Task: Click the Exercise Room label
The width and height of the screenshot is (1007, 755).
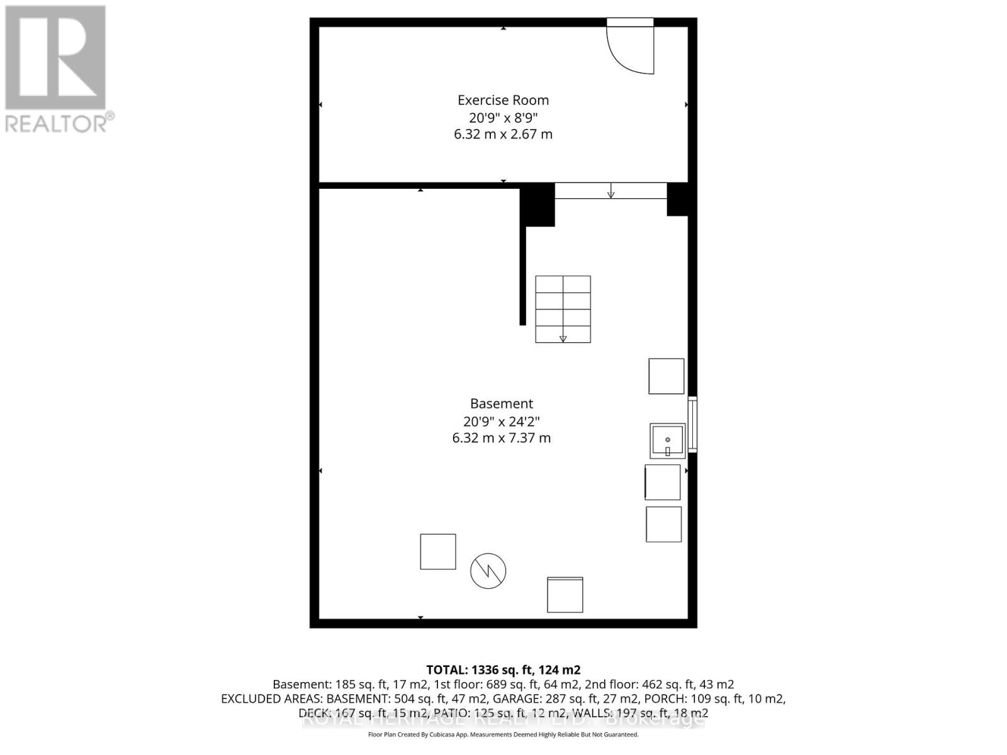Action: pyautogui.click(x=503, y=100)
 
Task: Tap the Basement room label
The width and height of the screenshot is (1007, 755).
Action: pyautogui.click(x=502, y=404)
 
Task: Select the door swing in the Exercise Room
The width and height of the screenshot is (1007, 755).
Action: pyautogui.click(x=630, y=49)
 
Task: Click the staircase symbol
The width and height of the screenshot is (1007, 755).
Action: pyautogui.click(x=563, y=309)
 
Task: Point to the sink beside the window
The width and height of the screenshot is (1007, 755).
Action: pyautogui.click(x=667, y=440)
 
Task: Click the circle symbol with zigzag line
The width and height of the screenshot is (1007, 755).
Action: pyautogui.click(x=488, y=571)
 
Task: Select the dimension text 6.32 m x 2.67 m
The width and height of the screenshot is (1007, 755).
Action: pyautogui.click(x=503, y=134)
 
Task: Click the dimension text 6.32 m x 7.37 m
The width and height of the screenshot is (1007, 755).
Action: pyautogui.click(x=502, y=438)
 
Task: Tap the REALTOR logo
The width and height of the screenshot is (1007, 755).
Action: pyautogui.click(x=57, y=69)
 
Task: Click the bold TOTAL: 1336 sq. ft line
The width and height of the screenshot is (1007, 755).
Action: pyautogui.click(x=503, y=670)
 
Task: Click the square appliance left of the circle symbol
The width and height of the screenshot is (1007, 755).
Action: pyautogui.click(x=438, y=552)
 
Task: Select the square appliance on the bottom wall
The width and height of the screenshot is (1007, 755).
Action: pyautogui.click(x=565, y=595)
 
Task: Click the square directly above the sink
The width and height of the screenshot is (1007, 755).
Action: pyautogui.click(x=667, y=376)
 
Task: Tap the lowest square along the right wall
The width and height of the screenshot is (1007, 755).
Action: pyautogui.click(x=663, y=524)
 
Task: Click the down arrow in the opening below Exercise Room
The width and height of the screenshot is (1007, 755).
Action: pyautogui.click(x=610, y=191)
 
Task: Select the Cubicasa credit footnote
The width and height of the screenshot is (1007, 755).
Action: pyautogui.click(x=503, y=735)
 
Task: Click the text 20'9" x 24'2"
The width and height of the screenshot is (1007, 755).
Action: pyautogui.click(x=502, y=421)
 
